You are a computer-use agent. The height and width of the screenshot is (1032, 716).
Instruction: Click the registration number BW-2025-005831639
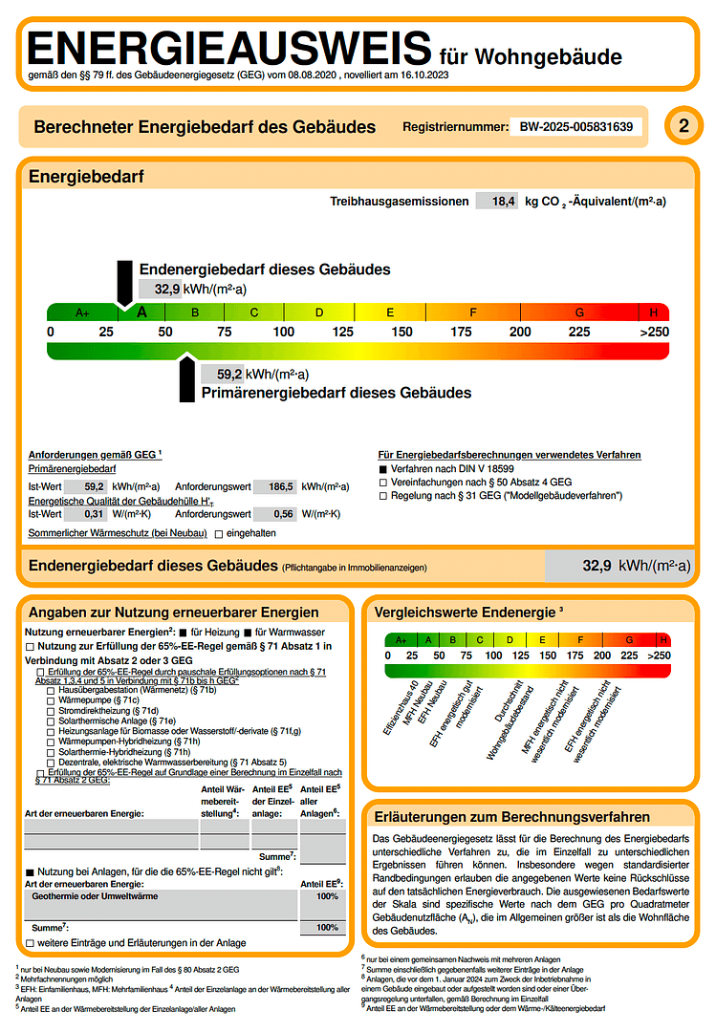(x=575, y=126)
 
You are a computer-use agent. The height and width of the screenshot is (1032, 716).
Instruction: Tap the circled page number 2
(x=683, y=126)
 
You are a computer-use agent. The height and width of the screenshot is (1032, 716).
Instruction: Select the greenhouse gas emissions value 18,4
(x=503, y=201)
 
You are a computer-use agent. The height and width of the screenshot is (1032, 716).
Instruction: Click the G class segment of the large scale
(x=579, y=312)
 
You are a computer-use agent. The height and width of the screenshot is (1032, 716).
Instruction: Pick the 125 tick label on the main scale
(x=342, y=332)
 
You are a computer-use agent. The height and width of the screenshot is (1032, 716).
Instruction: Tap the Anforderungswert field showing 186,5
(x=279, y=486)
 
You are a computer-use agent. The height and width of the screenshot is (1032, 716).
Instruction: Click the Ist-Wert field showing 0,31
(x=93, y=513)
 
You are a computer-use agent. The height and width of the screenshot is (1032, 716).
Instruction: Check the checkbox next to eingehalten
(x=219, y=532)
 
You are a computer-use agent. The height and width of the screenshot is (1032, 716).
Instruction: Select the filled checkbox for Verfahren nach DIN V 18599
(x=383, y=470)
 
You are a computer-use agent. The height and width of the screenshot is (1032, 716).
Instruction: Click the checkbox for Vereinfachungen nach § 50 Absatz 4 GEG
(x=383, y=483)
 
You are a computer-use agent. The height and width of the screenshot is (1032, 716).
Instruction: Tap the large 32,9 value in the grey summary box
(x=597, y=566)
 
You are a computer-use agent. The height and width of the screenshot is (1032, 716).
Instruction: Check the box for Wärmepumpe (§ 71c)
(x=51, y=699)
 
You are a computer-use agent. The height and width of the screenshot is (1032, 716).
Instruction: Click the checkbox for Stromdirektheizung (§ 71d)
(x=51, y=710)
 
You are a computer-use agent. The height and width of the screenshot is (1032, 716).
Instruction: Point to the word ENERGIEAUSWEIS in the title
(x=229, y=48)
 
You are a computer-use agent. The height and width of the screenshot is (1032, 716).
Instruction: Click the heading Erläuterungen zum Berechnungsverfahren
(x=512, y=817)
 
